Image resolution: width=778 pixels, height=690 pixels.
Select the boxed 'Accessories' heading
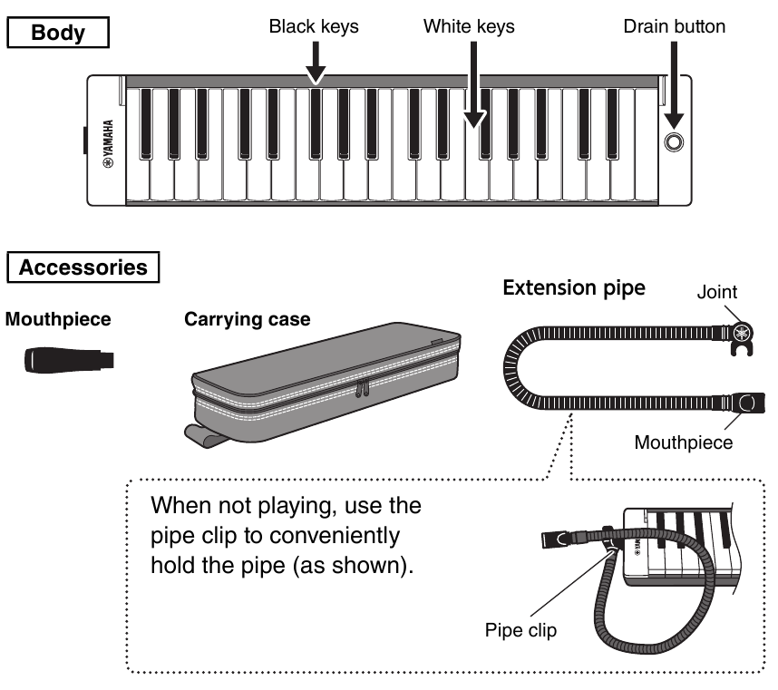(83, 267)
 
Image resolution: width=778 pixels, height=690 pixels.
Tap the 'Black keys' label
(314, 26)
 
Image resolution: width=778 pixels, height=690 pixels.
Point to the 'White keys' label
(469, 26)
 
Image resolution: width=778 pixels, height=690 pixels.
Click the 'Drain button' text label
(674, 26)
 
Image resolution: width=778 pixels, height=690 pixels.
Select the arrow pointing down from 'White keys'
(472, 91)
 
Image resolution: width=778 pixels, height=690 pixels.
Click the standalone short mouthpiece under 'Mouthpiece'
(67, 360)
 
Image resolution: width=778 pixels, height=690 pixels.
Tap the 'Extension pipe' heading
(573, 288)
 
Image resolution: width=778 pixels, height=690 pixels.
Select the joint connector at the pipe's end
(741, 335)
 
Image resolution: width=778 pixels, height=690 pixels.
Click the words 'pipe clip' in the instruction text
(190, 536)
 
